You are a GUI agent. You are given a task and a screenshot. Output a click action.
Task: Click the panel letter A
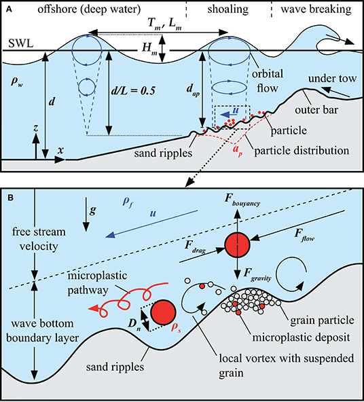coord(9,10)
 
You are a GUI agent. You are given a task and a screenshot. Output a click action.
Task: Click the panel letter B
coord(10,198)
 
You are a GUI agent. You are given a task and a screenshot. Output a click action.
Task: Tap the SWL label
coord(21,43)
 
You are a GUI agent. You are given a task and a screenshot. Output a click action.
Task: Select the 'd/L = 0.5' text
coord(133,91)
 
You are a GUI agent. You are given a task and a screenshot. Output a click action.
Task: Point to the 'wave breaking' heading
coord(316,10)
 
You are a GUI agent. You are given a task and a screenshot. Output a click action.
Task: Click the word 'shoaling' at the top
coord(228,10)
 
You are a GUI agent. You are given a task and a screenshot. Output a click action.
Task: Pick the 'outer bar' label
coord(316,110)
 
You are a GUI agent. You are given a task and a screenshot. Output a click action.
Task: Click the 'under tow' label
coord(333,79)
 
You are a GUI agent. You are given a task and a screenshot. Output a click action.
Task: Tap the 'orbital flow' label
coord(268,81)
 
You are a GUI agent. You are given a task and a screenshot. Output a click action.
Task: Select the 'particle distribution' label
coord(302,151)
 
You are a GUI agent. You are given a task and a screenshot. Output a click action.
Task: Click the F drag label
coord(196,247)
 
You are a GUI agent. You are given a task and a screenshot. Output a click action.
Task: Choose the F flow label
coord(304,235)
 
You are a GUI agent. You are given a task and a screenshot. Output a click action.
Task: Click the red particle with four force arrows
coord(237,244)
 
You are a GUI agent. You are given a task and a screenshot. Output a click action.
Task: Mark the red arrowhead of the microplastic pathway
coord(93,308)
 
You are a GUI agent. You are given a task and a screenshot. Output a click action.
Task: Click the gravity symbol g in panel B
coord(93,211)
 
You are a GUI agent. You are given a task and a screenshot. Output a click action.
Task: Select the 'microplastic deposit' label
coord(302,337)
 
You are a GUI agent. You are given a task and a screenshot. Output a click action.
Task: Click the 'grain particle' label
coord(322,321)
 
